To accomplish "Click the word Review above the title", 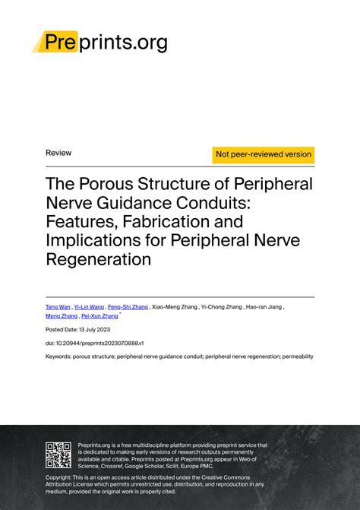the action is click(58, 153).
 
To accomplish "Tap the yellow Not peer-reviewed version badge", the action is click(264, 154).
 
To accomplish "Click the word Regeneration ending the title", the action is click(99, 259).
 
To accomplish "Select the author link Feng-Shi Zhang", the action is click(128, 306).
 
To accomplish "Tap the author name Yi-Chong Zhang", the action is click(222, 306).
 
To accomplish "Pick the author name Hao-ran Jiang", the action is click(265, 306).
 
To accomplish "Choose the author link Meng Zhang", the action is click(61, 316).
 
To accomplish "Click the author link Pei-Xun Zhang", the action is click(99, 316).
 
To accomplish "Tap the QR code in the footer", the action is click(58, 454).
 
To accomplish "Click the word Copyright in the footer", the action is click(62, 477).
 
